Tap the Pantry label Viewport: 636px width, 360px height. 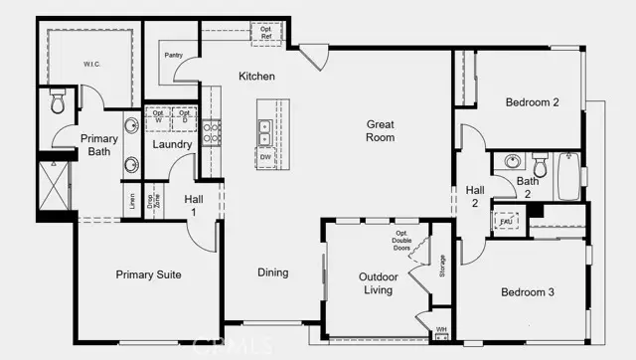[x=174, y=57]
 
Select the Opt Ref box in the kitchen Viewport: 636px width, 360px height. [x=266, y=32]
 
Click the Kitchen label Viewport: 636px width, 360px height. [x=256, y=77]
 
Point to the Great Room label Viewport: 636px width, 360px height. [x=380, y=130]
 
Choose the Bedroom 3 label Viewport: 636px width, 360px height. [x=529, y=291]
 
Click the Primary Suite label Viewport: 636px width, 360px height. [x=148, y=274]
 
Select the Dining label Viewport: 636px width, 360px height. [x=272, y=272]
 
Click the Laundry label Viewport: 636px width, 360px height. [x=171, y=145]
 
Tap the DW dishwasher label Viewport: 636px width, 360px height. [x=265, y=157]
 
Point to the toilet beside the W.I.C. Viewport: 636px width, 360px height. [x=57, y=102]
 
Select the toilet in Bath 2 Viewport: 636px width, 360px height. [x=541, y=162]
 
